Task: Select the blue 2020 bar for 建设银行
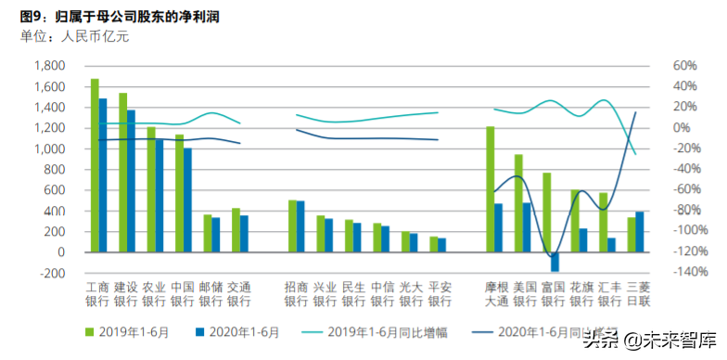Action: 131,181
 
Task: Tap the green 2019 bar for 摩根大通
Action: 491,189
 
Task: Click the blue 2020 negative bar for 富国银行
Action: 555,262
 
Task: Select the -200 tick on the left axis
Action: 51,273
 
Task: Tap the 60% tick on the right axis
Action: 684,66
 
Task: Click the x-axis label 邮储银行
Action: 210,294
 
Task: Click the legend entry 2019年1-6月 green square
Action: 90,330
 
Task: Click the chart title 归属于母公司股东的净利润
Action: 139,16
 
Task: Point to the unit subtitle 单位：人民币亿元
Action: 74,37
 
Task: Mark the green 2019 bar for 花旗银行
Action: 575,221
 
